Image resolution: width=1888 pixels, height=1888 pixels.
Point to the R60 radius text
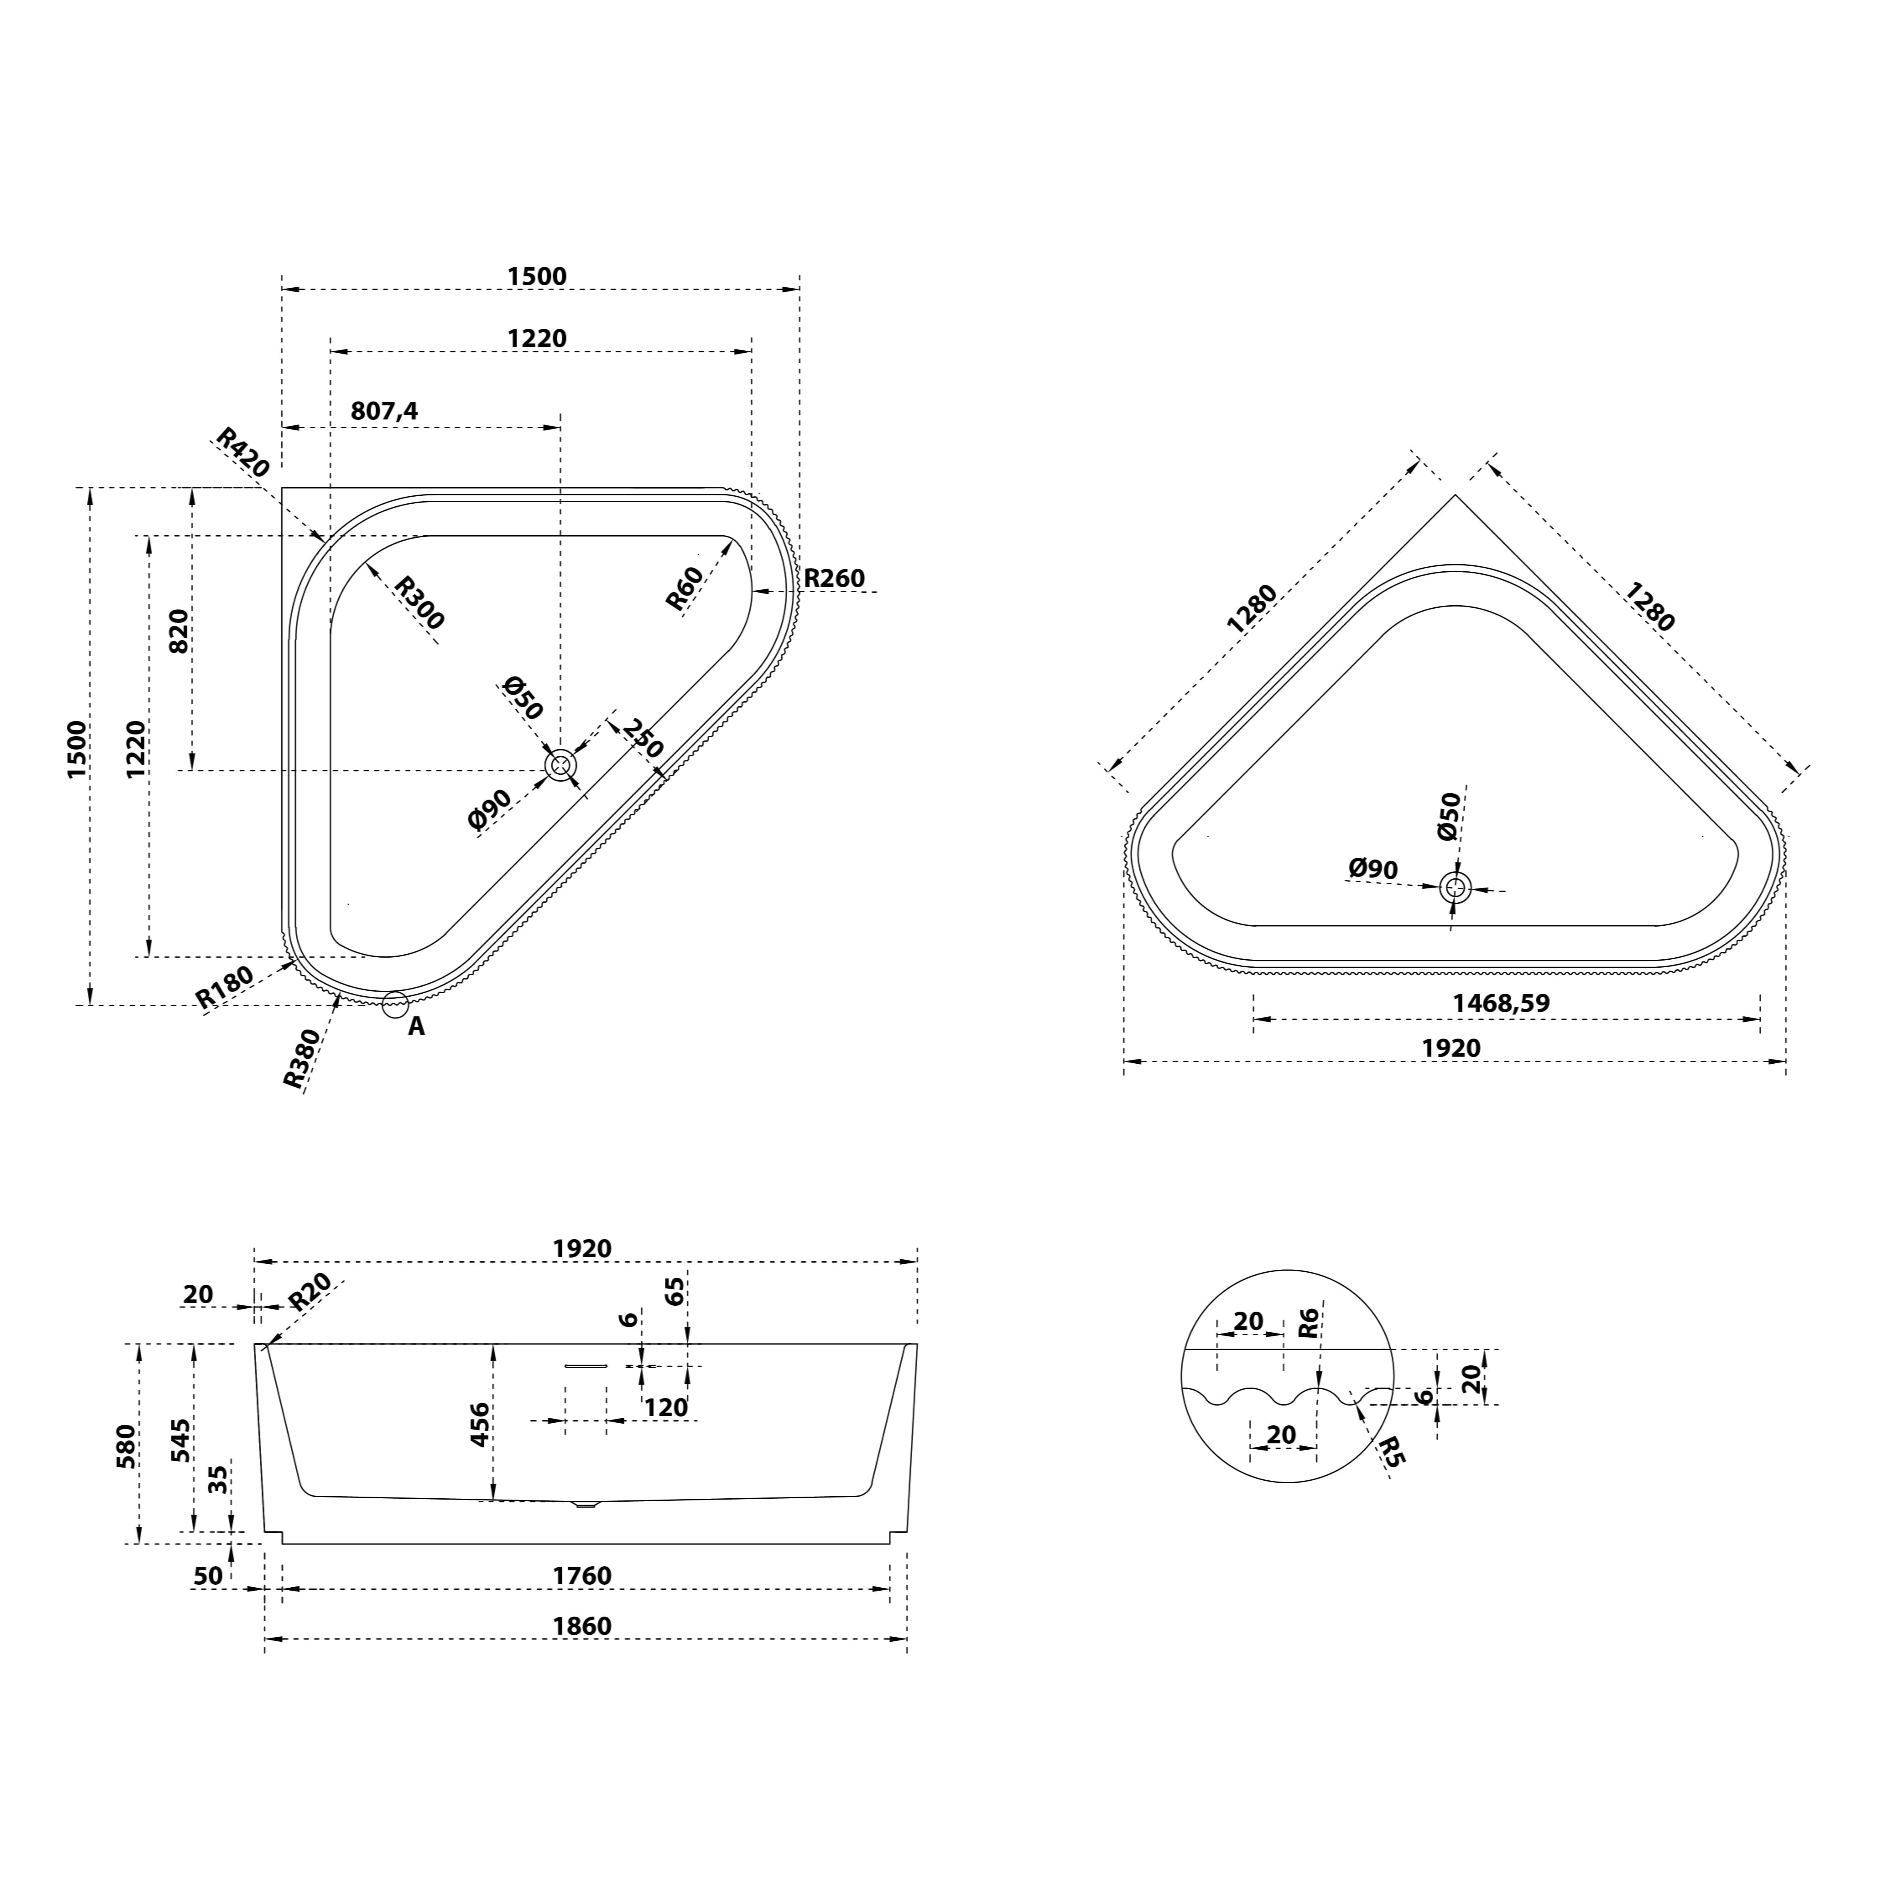point(684,589)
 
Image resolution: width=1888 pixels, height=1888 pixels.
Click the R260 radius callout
point(835,578)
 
